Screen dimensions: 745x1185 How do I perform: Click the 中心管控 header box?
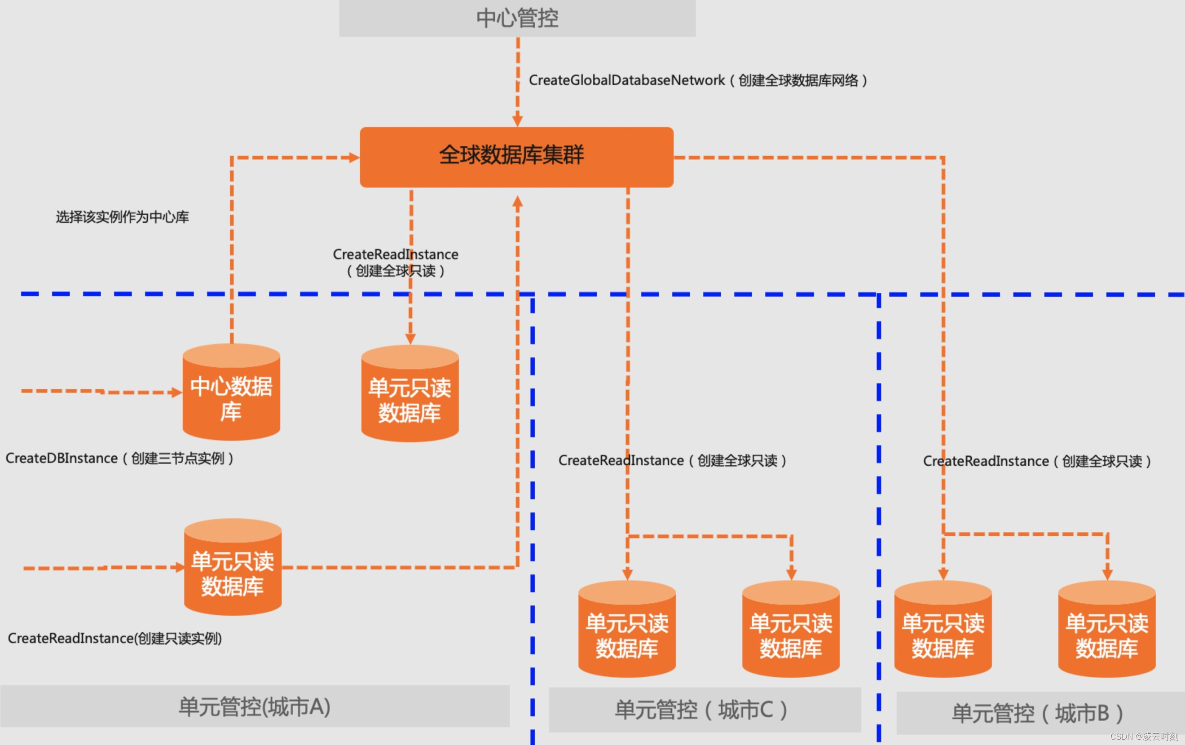pyautogui.click(x=517, y=18)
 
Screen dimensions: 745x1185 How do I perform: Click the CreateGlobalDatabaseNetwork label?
pyautogui.click(x=697, y=80)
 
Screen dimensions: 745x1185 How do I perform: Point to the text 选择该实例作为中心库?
pyautogui.click(x=122, y=217)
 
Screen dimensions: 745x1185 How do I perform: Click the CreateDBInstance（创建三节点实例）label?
pyautogui.click(x=119, y=458)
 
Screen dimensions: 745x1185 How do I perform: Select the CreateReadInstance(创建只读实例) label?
pyautogui.click(x=115, y=638)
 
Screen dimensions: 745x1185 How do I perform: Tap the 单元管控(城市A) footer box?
pyautogui.click(x=255, y=707)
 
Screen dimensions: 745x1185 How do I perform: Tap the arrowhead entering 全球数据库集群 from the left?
pyautogui.click(x=354, y=158)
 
